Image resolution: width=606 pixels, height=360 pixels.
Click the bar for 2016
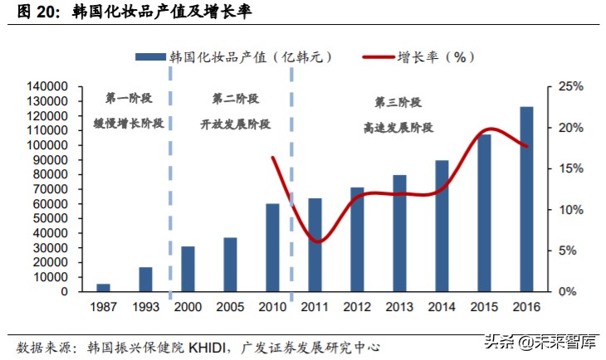526,199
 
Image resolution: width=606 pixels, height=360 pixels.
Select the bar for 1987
103,287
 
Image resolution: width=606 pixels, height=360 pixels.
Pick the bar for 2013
399,233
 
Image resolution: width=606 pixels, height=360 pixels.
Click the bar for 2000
188,269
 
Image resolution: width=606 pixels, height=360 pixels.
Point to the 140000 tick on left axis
50,86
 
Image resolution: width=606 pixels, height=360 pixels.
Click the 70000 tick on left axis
53,189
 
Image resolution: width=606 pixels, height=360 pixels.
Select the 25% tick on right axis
571,86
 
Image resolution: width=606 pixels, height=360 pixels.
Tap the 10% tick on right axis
571,210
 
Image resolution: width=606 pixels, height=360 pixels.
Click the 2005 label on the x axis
230,307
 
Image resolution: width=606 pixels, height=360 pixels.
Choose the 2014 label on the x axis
442,307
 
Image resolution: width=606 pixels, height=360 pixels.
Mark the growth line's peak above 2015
490,129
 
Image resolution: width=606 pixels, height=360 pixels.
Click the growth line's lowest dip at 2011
319,241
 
